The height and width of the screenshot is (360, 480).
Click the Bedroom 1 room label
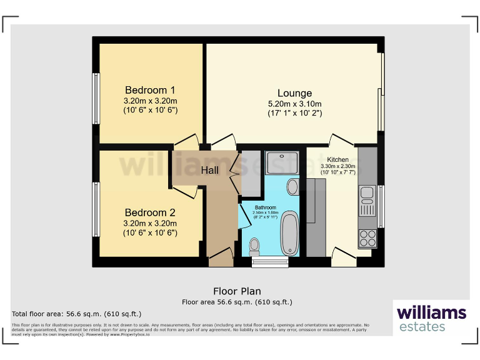pos(150,89)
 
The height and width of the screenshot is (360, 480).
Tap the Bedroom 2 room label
pos(150,212)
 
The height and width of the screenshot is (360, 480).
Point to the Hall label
pos(209,170)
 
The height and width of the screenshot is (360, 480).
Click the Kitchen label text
pos(337,160)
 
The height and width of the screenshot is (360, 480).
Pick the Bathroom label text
pos(265,207)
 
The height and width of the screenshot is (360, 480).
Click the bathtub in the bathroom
pos(289,234)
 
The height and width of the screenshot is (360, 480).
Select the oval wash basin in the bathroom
pos(292,186)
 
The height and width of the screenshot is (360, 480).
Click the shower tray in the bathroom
pos(282,163)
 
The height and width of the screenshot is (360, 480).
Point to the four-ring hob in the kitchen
pos(367,238)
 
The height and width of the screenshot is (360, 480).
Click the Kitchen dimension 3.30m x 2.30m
pos(337,166)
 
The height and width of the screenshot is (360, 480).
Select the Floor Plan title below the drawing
pos(237,291)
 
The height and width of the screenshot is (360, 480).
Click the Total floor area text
pos(77,314)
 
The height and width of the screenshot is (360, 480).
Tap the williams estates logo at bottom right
pos(431,318)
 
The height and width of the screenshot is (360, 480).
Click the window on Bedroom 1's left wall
pos(96,99)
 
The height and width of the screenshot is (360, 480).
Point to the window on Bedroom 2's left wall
pos(96,209)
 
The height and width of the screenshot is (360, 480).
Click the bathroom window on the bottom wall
pos(270,262)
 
